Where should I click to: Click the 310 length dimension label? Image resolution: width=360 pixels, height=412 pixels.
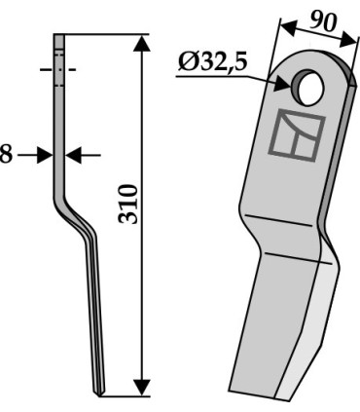[128, 204]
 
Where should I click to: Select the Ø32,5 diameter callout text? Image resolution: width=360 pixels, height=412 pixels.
[212, 62]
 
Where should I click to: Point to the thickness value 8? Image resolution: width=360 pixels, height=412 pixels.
[6, 155]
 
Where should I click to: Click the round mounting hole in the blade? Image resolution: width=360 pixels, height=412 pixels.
[307, 87]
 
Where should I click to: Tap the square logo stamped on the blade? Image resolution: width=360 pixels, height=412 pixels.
[297, 135]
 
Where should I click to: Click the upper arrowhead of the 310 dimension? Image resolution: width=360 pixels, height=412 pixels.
[142, 43]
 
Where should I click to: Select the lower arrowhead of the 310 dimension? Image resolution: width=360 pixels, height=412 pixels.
[142, 387]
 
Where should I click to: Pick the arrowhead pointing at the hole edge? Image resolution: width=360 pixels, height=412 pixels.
[283, 85]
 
